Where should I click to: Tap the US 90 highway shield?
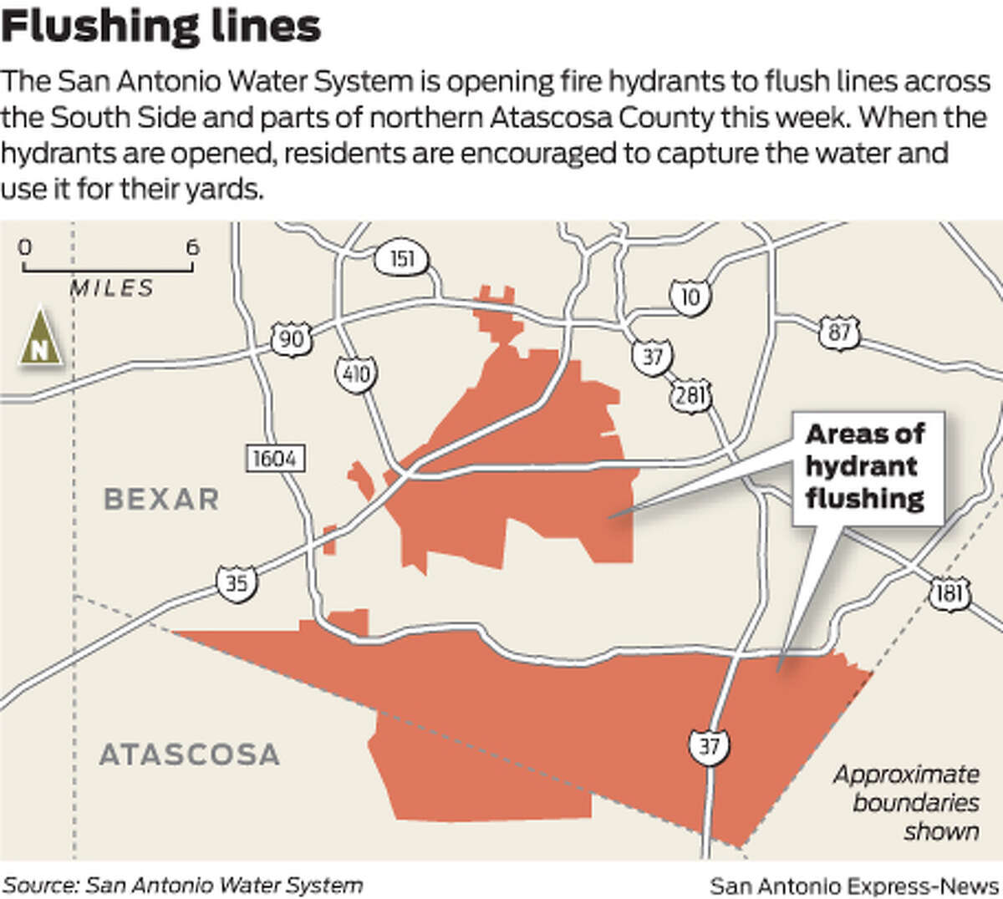(291, 339)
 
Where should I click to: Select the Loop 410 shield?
(357, 373)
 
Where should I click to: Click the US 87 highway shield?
(839, 333)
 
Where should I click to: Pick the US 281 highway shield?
(690, 394)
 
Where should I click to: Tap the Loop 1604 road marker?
(275, 458)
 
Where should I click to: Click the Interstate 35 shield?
(237, 581)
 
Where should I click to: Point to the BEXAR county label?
(161, 500)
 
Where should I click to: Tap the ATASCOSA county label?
(189, 755)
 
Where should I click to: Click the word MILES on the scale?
(112, 288)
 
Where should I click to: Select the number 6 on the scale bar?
(192, 247)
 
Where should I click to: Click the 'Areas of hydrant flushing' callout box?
(865, 466)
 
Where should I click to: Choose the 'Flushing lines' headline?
(160, 27)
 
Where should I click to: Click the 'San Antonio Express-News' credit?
(854, 885)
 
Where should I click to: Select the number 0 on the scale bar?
(25, 247)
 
